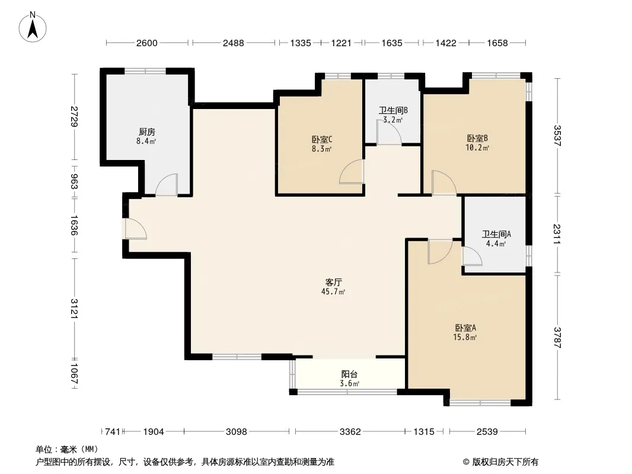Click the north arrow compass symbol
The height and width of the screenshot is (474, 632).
tap(33, 27)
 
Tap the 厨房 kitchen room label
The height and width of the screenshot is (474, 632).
tap(146, 132)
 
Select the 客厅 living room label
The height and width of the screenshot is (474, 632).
tap(333, 282)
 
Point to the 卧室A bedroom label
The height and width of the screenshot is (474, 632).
tap(465, 328)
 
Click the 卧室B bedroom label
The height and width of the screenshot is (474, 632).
tap(477, 138)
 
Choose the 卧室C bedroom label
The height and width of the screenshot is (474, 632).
tap(322, 139)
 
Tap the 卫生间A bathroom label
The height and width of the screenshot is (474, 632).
tap(496, 234)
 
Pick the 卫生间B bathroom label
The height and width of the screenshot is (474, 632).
tap(393, 110)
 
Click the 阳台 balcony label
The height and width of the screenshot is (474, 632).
tap(349, 374)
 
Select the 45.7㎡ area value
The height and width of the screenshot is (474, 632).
tap(333, 292)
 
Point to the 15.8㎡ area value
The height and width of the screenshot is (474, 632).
tap(465, 338)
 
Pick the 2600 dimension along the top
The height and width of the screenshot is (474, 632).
tap(146, 43)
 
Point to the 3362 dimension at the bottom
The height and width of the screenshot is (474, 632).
tap(350, 432)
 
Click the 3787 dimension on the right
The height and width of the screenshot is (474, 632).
tap(557, 338)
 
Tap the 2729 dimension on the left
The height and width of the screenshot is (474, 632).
tap(74, 116)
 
